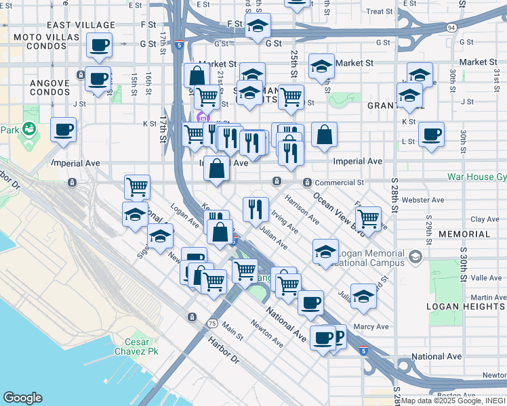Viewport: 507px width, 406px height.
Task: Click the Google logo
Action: (22, 398)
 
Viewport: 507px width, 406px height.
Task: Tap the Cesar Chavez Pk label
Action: (141, 346)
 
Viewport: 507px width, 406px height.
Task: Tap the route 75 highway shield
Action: (213, 323)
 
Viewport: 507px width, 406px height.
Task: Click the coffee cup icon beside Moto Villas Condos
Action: (100, 45)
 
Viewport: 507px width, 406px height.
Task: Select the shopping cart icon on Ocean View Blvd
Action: (368, 219)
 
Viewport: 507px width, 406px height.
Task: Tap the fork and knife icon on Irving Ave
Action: (256, 208)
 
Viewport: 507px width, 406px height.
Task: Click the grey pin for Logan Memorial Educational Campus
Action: (415, 257)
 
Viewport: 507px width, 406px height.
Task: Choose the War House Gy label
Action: (476, 177)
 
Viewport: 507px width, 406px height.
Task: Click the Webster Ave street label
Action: (422, 200)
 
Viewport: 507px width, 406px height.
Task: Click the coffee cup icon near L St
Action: (431, 134)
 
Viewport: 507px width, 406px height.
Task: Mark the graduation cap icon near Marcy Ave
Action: (363, 296)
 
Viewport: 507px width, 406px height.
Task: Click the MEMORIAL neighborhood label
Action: (464, 234)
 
